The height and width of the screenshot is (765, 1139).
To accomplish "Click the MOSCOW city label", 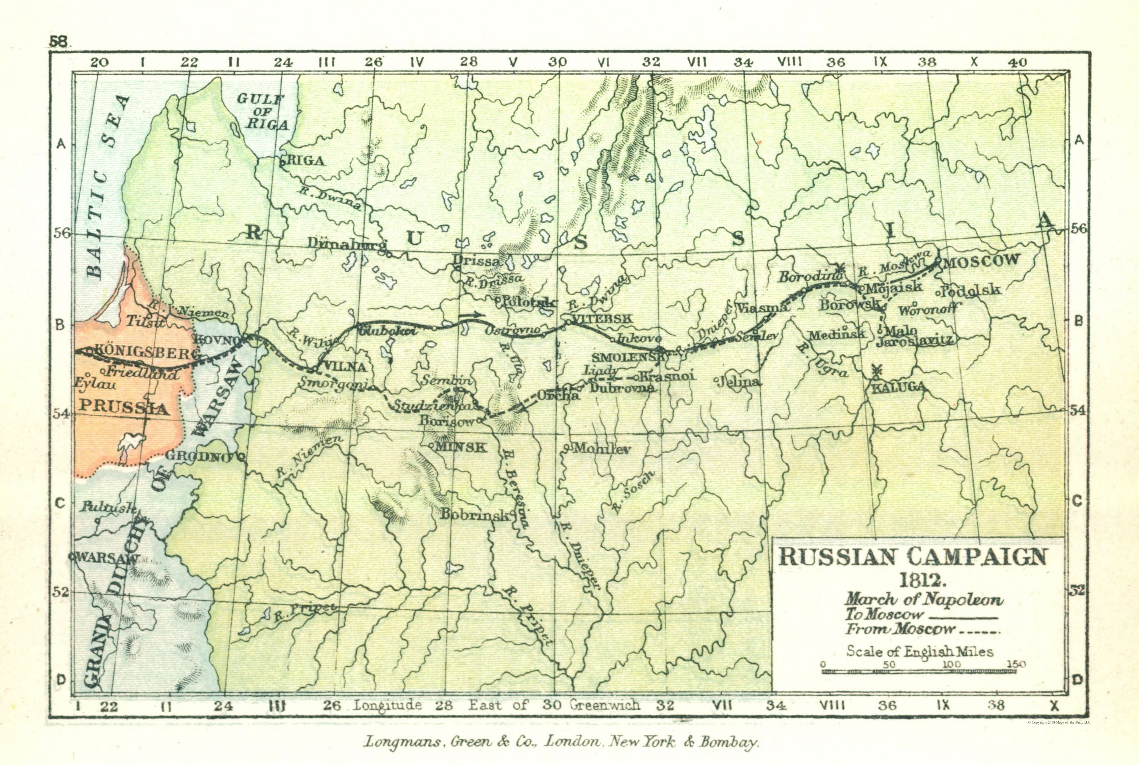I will [x=982, y=261].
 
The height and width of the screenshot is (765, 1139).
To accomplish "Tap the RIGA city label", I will [x=307, y=161].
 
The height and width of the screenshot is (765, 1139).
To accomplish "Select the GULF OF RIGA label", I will [x=262, y=112].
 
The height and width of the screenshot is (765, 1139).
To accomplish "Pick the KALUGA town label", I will [x=898, y=387].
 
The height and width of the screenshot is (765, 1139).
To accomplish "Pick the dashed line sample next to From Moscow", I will [x=980, y=632].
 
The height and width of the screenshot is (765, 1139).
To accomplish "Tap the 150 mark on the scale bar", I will [x=1016, y=664].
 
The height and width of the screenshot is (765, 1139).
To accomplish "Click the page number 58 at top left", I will [x=59, y=41].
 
